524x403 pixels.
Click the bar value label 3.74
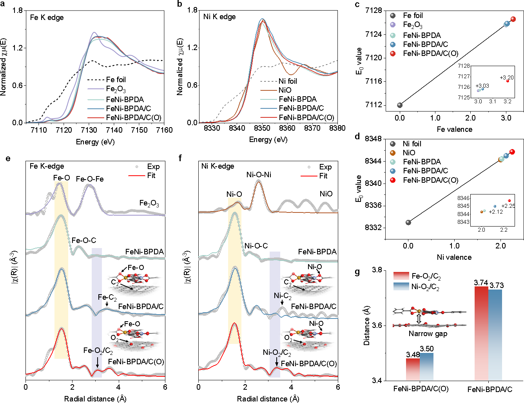pyautogui.click(x=481, y=283)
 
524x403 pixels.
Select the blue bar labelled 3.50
pyautogui.click(x=426, y=367)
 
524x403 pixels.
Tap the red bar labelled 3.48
pyautogui.click(x=413, y=369)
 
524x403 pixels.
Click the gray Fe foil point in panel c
pyautogui.click(x=400, y=105)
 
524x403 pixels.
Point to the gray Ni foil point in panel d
pyautogui.click(x=408, y=222)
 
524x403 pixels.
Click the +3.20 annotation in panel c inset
pyautogui.click(x=506, y=77)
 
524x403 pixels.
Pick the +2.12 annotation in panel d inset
pyautogui.click(x=496, y=212)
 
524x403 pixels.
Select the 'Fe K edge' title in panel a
pyautogui.click(x=47, y=18)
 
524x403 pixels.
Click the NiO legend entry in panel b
pyautogui.click(x=285, y=90)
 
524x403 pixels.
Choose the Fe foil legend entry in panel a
pyautogui.click(x=116, y=79)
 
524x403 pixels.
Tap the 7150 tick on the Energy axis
pyautogui.click(x=139, y=130)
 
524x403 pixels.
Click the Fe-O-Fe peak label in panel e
pyautogui.click(x=90, y=179)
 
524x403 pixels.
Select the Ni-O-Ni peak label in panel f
pyautogui.click(x=259, y=175)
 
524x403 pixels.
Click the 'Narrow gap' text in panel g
pyautogui.click(x=428, y=334)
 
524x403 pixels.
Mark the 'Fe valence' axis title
pyautogui.click(x=454, y=129)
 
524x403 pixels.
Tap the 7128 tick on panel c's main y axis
pyautogui.click(x=374, y=10)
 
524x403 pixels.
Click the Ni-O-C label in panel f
pyautogui.click(x=256, y=246)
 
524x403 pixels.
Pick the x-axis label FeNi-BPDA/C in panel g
pyautogui.click(x=490, y=389)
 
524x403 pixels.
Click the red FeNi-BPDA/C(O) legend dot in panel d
pyautogui.click(x=393, y=180)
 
